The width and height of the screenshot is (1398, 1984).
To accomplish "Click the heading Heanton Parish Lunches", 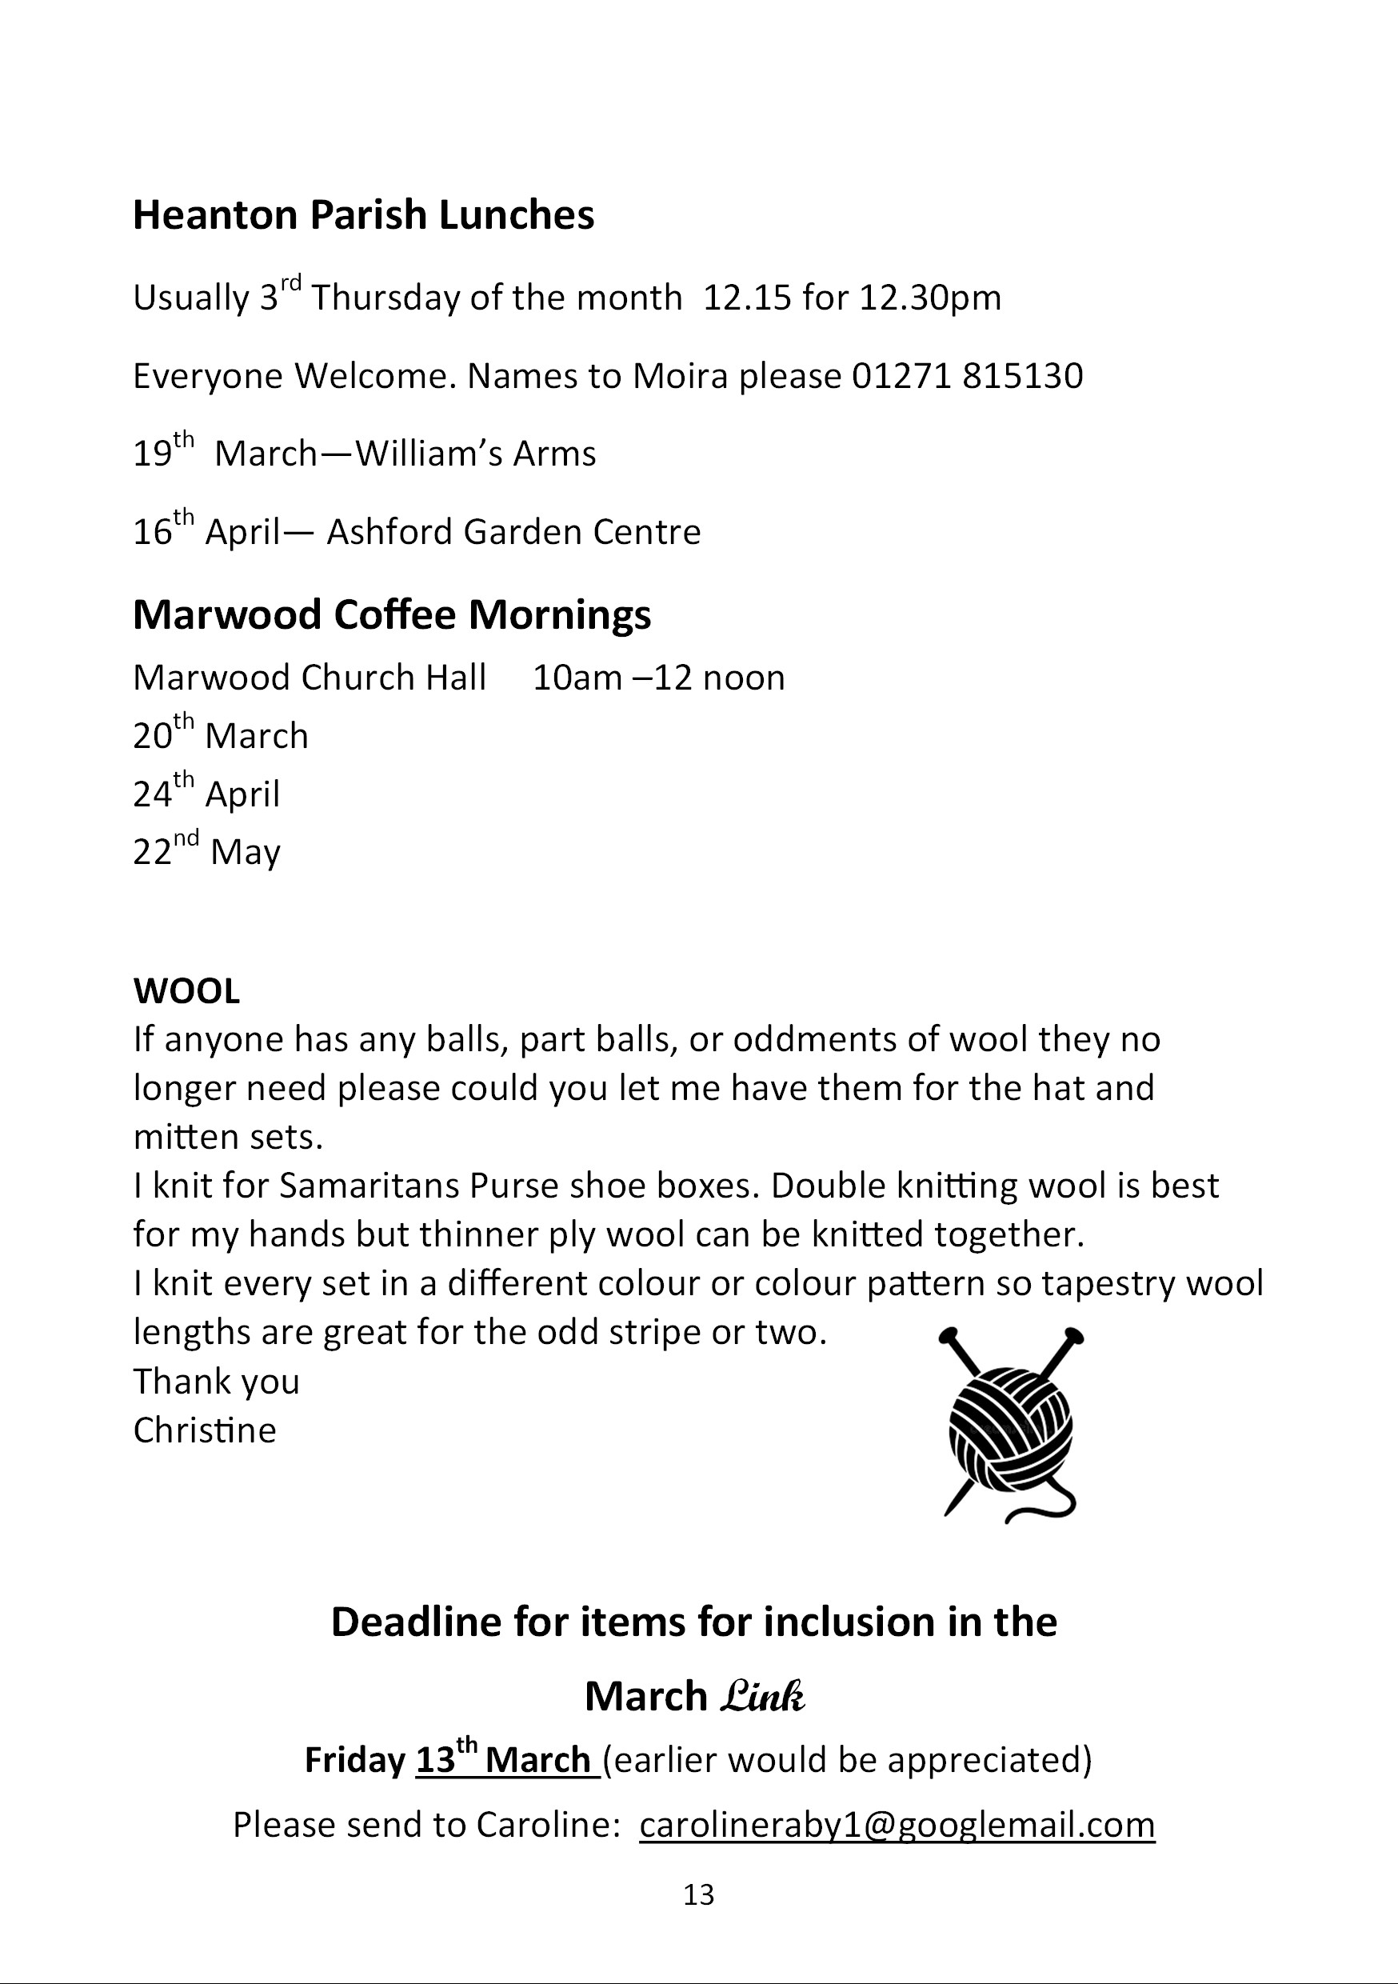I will (x=363, y=215).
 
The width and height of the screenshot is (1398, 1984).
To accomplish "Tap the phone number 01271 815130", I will (x=967, y=376).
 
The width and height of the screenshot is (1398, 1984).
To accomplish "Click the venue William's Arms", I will (x=475, y=454).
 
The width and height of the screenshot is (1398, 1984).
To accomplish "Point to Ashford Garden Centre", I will (x=513, y=531).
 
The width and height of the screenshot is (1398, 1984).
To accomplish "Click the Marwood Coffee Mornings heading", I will (x=391, y=614).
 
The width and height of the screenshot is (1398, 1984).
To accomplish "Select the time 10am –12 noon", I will (x=658, y=678).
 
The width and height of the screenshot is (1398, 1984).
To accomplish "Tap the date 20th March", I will (x=220, y=735).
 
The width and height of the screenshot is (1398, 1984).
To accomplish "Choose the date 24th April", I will (x=206, y=794).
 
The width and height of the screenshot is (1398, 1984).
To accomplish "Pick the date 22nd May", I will (x=206, y=851).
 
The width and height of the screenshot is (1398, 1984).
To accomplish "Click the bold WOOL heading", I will (x=186, y=991).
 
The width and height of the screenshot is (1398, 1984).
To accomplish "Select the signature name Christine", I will (x=205, y=1430).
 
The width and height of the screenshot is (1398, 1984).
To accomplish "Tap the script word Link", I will (x=762, y=1696).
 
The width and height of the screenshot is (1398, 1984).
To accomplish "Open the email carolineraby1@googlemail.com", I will (x=897, y=1824).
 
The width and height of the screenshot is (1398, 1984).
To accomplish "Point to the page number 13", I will (x=698, y=1894).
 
